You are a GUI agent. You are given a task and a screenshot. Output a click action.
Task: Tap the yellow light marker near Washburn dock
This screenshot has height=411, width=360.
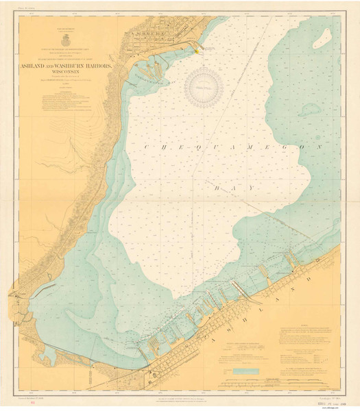198,50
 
